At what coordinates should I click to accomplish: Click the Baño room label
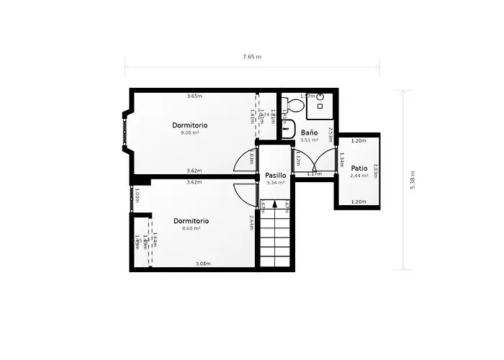pyautogui.click(x=309, y=132)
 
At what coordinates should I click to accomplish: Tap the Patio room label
pyautogui.click(x=359, y=168)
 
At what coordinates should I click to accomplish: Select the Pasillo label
pyautogui.click(x=276, y=175)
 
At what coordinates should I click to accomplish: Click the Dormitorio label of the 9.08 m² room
pyautogui.click(x=189, y=125)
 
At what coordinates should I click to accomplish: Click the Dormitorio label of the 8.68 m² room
pyautogui.click(x=191, y=220)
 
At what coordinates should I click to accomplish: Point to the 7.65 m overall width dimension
pyautogui.click(x=252, y=56)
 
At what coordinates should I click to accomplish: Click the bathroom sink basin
pyautogui.click(x=288, y=130)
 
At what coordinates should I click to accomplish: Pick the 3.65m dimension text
pyautogui.click(x=194, y=96)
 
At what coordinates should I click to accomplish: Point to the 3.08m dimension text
pyautogui.click(x=203, y=264)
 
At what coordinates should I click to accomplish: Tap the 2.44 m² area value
pyautogui.click(x=359, y=176)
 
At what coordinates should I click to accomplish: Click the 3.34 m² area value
pyautogui.click(x=276, y=183)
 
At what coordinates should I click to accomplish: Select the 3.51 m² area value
pyautogui.click(x=309, y=140)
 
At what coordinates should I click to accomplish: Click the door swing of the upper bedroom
pyautogui.click(x=246, y=162)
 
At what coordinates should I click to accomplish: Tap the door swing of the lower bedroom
pyautogui.click(x=246, y=192)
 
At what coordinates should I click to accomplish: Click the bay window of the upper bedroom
pyautogui.click(x=126, y=131)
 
